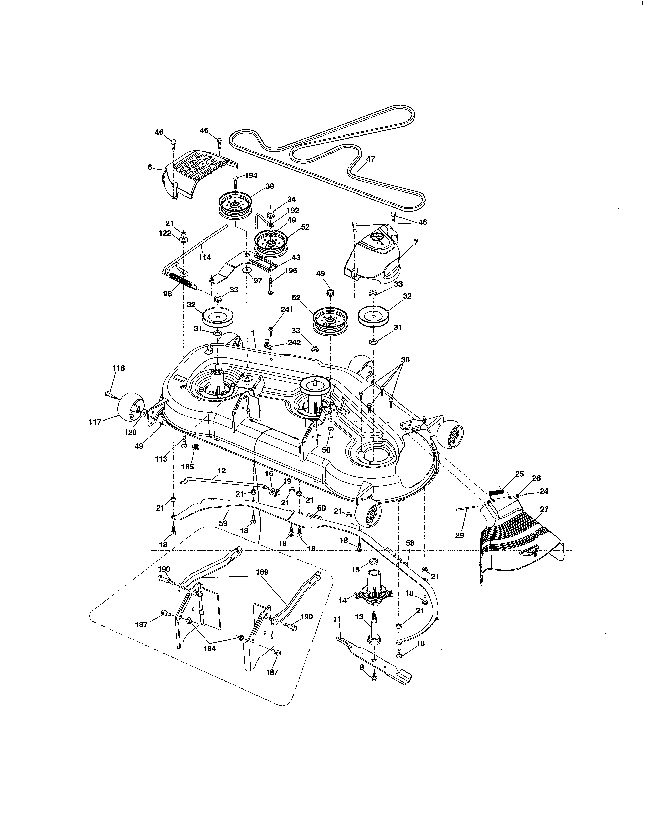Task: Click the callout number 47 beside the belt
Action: (371, 159)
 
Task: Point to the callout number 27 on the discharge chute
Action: (544, 510)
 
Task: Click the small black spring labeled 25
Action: (496, 492)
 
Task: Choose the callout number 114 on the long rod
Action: (205, 257)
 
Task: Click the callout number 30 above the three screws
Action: (405, 360)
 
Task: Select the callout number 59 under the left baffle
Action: (223, 523)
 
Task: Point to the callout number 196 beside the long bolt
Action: (291, 271)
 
